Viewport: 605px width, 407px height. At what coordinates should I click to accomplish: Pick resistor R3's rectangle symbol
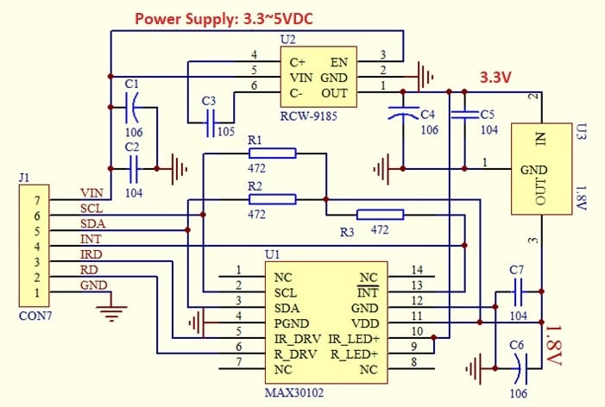click(x=380, y=216)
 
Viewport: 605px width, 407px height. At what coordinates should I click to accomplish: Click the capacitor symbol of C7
click(x=517, y=295)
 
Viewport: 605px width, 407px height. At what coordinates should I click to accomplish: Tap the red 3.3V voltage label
click(x=495, y=78)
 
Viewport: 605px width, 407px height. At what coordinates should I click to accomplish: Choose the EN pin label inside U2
click(x=338, y=62)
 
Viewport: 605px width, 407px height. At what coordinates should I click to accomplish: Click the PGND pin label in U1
click(x=292, y=323)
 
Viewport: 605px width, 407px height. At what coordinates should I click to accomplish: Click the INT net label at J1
click(x=91, y=240)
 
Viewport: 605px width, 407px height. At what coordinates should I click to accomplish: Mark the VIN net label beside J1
click(x=91, y=193)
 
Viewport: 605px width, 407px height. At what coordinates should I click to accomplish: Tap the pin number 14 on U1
click(x=418, y=271)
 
